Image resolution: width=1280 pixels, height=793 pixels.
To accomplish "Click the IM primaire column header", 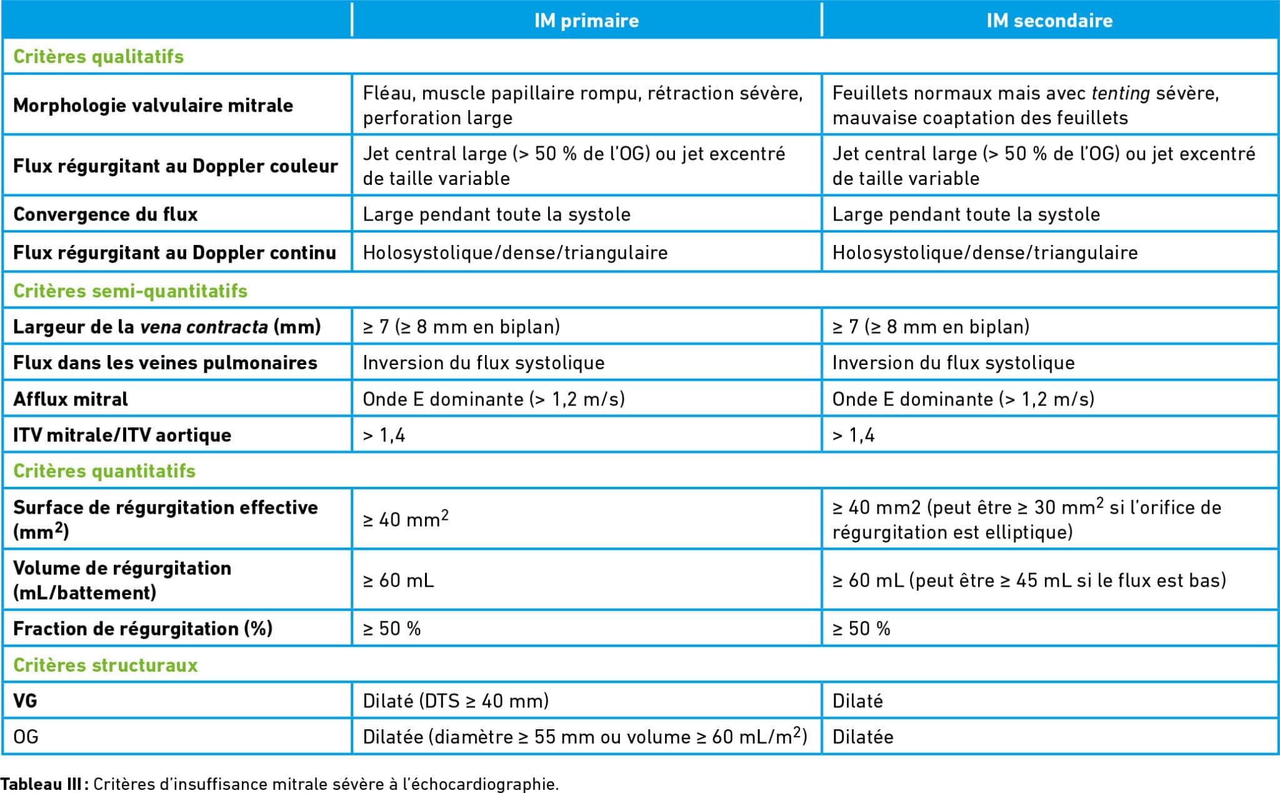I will pyautogui.click(x=586, y=21).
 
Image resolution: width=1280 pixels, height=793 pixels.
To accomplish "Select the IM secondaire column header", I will pyautogui.click(x=1049, y=21).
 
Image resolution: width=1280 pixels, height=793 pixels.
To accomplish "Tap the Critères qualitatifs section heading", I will pyautogui.click(x=99, y=57).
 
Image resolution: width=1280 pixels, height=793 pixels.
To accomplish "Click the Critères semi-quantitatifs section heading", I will pyautogui.click(x=130, y=291).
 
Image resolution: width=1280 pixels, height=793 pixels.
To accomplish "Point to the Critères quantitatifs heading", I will pyautogui.click(x=104, y=471).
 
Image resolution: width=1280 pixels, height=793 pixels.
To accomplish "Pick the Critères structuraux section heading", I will pyautogui.click(x=105, y=665).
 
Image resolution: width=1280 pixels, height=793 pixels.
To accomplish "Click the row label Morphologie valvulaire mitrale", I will pyautogui.click(x=153, y=105).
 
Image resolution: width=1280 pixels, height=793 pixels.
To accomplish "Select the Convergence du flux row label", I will pyautogui.click(x=105, y=214).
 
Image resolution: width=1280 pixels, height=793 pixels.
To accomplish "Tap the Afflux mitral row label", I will pyautogui.click(x=71, y=399).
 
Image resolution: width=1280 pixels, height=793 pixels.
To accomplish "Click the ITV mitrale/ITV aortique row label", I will pyautogui.click(x=122, y=435).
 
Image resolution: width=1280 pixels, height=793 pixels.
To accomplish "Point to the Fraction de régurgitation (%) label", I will pyautogui.click(x=142, y=629).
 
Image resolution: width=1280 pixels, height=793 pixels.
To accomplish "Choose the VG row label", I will pyautogui.click(x=25, y=701).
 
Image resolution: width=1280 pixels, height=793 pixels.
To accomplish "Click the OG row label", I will pyautogui.click(x=26, y=737).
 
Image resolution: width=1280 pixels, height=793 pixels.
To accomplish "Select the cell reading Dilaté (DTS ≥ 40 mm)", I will pyautogui.click(x=456, y=701).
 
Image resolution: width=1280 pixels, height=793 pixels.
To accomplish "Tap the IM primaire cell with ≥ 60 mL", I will pyautogui.click(x=398, y=581).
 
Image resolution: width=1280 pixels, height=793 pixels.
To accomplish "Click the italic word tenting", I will pyautogui.click(x=1120, y=93).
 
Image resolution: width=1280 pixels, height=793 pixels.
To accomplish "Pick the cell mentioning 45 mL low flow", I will pyautogui.click(x=1029, y=581).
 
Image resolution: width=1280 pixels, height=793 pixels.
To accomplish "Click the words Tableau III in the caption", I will pyautogui.click(x=41, y=784).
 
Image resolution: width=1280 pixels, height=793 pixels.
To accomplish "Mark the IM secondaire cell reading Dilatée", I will pyautogui.click(x=862, y=737).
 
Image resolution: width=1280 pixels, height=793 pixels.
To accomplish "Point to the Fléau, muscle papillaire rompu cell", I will pyautogui.click(x=582, y=105).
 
